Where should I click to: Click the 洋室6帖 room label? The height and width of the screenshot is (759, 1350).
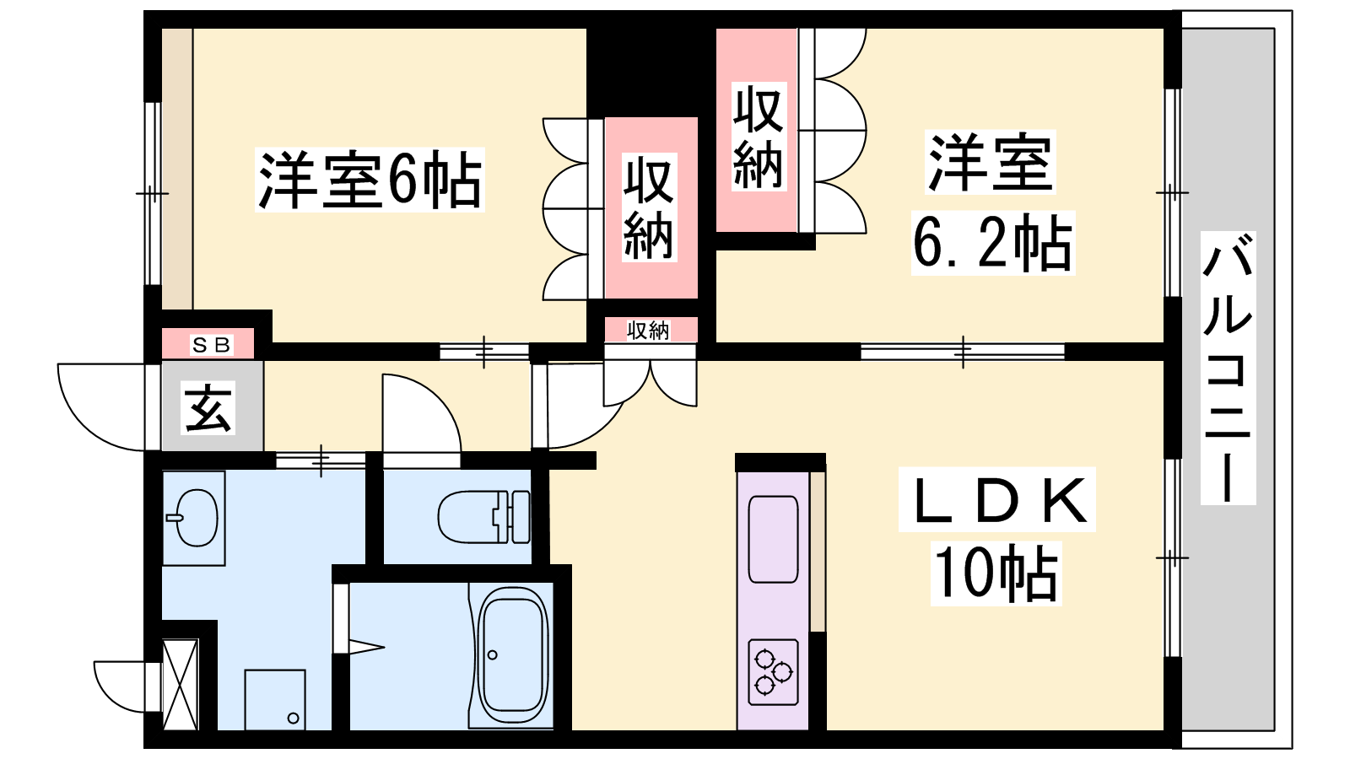tap(370, 180)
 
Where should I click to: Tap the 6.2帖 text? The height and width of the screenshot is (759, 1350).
tap(992, 244)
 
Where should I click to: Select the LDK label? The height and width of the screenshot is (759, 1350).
tap(997, 499)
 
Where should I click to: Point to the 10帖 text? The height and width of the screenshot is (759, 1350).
tap(996, 574)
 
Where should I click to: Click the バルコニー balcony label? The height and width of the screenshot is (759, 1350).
tap(1228, 368)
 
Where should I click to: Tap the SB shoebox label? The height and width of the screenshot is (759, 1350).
tap(211, 345)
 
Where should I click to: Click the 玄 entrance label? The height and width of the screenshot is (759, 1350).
tap(208, 408)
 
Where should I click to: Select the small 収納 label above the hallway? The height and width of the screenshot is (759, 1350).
tap(648, 330)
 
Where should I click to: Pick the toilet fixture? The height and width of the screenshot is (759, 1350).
tap(484, 517)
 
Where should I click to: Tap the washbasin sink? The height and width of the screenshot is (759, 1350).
tap(193, 517)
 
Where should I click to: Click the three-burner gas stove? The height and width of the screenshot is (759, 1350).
tap(773, 672)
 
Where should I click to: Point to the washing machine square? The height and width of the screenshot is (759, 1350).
tap(275, 699)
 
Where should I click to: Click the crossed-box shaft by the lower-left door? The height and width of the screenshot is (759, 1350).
tap(181, 684)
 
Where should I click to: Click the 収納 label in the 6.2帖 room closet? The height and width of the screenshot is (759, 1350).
tap(759, 137)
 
